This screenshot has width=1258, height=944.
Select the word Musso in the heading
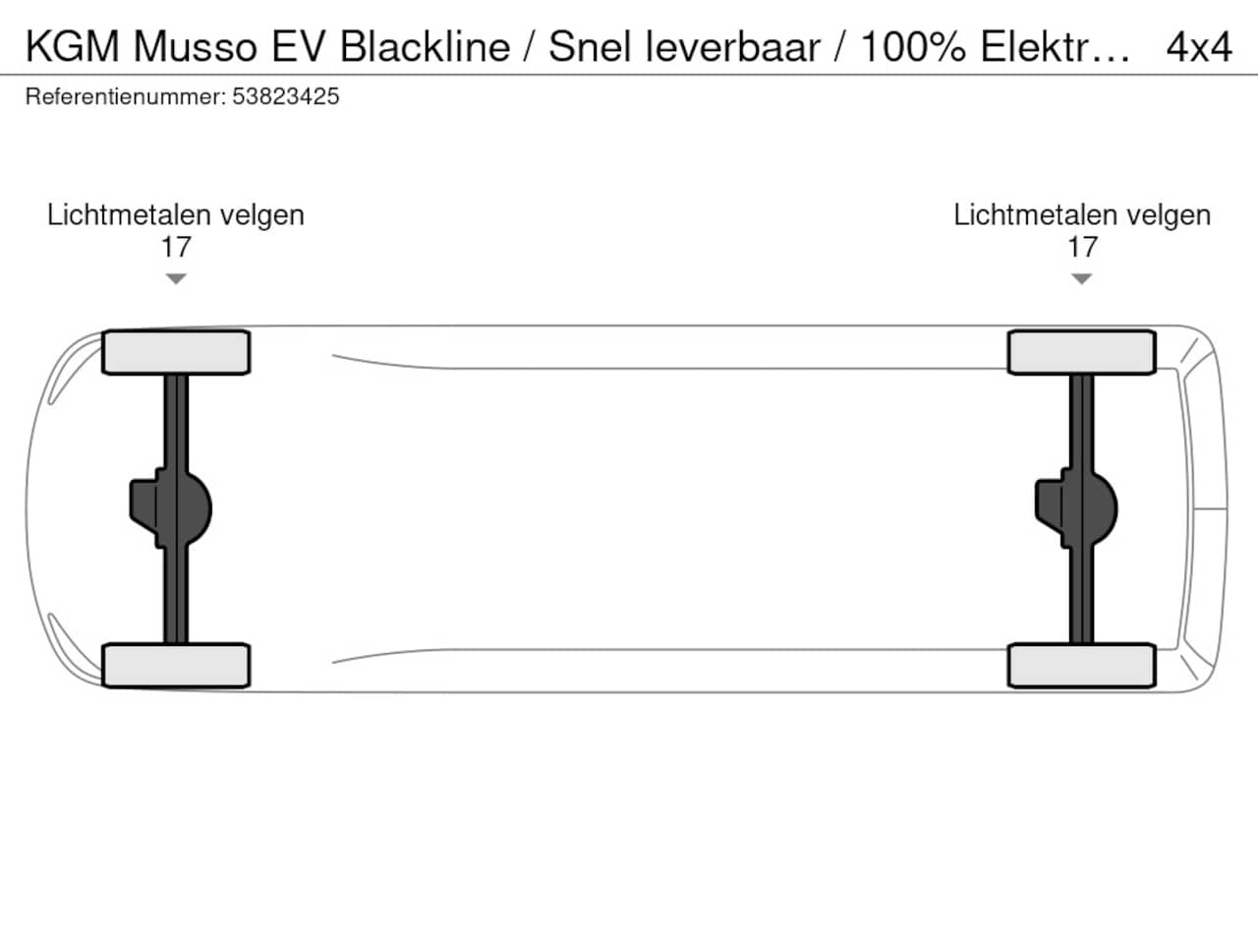point(196,47)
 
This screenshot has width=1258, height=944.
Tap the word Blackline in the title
point(426,47)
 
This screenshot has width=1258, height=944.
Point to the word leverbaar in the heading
point(733,47)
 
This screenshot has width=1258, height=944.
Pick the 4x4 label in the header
point(1199,47)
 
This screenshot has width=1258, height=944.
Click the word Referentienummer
point(126,96)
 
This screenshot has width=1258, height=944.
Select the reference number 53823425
point(285,96)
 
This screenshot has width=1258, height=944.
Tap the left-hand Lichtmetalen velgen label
point(175,215)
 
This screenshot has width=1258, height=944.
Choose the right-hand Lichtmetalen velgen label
point(1082,215)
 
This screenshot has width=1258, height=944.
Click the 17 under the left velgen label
point(175,248)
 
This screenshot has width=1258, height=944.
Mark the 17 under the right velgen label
point(1082,248)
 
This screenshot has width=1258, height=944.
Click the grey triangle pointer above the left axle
point(176,278)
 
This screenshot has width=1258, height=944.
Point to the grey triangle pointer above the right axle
point(1081,278)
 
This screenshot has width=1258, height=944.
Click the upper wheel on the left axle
point(176,352)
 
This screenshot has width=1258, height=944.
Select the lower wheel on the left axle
point(176,666)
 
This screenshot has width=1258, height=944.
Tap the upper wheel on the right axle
point(1081,352)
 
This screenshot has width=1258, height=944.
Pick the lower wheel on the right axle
point(1081,666)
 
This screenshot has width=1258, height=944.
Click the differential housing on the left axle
point(171,508)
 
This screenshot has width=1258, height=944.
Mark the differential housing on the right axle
point(1076,508)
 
